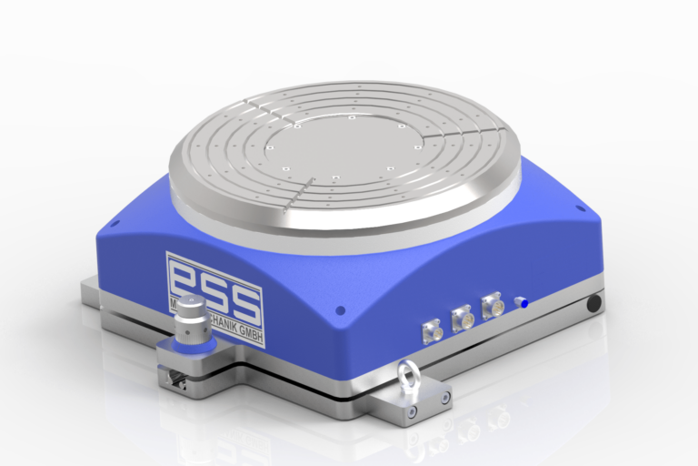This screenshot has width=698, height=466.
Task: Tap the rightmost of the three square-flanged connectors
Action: pyautogui.click(x=493, y=306)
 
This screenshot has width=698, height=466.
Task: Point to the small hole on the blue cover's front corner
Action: pyautogui.click(x=341, y=310)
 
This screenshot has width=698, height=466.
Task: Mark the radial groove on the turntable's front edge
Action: pyautogui.click(x=299, y=192)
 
